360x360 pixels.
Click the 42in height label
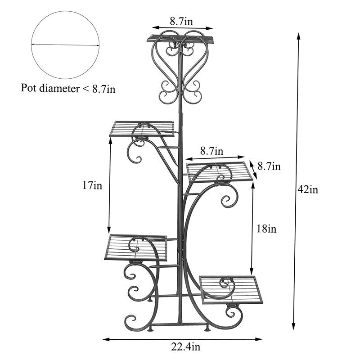(x=308, y=189)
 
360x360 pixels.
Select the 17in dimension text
(x=92, y=184)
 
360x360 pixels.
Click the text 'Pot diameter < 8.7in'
(x=68, y=88)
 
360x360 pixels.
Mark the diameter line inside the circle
(x=65, y=45)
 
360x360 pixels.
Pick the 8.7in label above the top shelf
(x=182, y=21)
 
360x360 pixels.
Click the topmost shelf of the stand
(x=180, y=39)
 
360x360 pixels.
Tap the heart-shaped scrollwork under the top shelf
(x=180, y=63)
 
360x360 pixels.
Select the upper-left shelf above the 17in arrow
(x=142, y=129)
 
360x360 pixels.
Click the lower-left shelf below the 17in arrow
(x=136, y=247)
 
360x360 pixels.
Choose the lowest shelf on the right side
(x=231, y=289)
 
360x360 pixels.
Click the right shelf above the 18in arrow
(x=220, y=172)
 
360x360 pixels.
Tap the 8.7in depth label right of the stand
(x=269, y=167)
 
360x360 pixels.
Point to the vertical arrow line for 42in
(x=297, y=180)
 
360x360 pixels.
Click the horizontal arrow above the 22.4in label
(x=183, y=338)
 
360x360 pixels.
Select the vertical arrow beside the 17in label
(x=110, y=184)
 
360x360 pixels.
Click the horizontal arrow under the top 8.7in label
(x=182, y=28)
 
